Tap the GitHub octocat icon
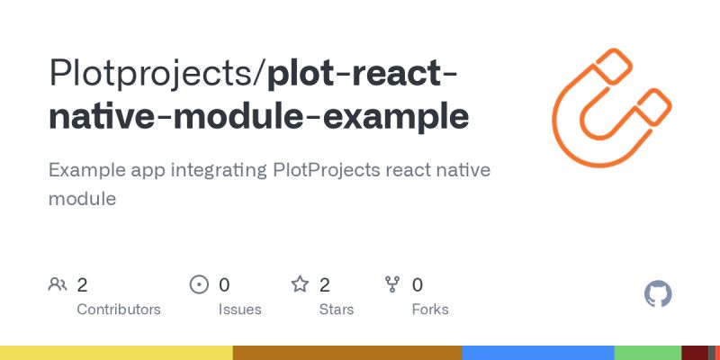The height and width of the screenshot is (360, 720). [659, 294]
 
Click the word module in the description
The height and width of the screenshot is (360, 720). [82, 199]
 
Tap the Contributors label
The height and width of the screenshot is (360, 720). [119, 310]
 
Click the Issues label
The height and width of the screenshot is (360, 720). [239, 310]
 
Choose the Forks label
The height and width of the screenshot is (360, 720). [430, 310]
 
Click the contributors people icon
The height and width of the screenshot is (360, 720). [58, 285]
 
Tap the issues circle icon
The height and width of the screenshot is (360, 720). [199, 285]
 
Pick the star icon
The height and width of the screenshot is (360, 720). [300, 285]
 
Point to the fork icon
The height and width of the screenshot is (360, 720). [392, 285]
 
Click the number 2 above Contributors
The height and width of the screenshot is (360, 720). [82, 285]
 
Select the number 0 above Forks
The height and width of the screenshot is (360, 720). [418, 285]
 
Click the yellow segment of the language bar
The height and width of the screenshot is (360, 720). [116, 352]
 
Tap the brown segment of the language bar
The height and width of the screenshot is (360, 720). [347, 352]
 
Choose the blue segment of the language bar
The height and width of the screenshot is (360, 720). [538, 352]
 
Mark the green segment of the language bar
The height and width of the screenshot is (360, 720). [648, 352]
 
